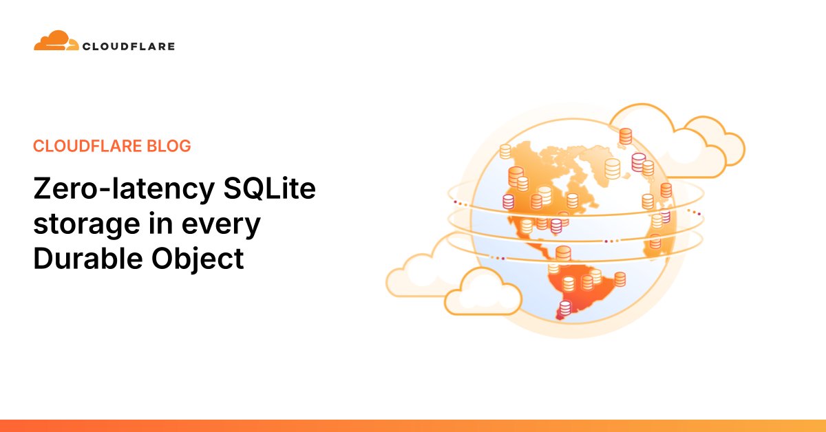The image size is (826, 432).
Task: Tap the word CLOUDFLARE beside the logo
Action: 128,47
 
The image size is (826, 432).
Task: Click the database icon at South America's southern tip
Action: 565,309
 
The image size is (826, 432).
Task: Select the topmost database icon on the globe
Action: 625,136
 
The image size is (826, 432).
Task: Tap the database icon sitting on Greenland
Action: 612,167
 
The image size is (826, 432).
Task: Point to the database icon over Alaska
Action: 506,151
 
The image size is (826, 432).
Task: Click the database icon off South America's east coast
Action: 620,279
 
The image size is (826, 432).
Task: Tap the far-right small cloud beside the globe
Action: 716,144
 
